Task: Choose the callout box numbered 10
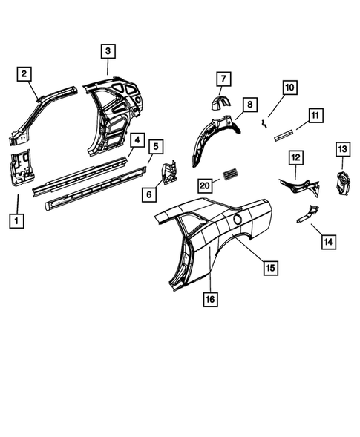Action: coord(289,87)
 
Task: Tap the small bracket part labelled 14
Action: coord(306,213)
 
